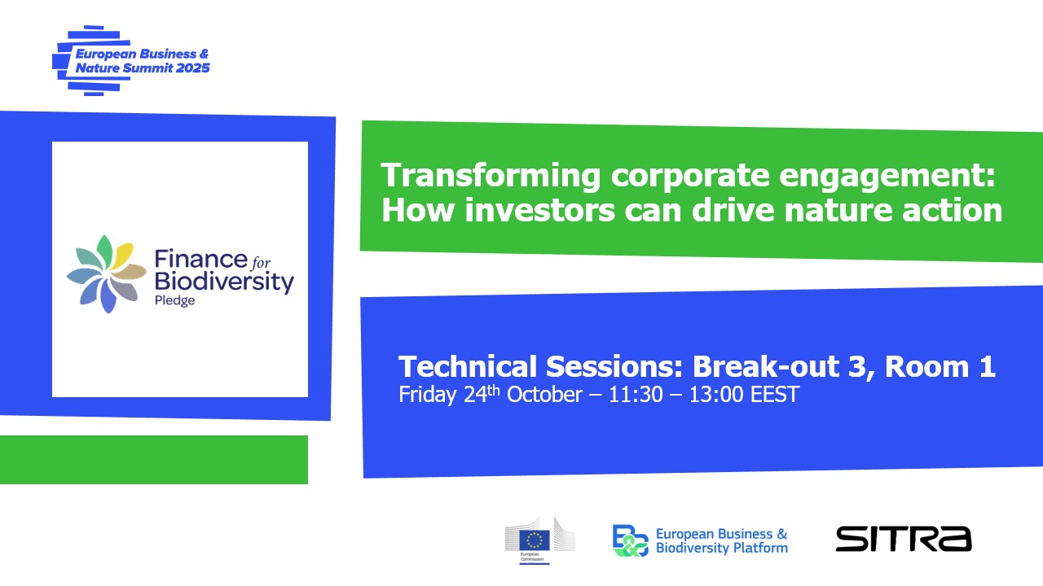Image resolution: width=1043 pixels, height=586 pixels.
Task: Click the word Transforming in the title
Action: tap(491, 177)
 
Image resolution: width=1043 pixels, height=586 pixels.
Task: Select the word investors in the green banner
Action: tap(539, 210)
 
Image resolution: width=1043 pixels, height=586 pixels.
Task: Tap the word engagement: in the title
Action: tap(887, 177)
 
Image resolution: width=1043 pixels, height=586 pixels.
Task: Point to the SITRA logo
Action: tap(904, 540)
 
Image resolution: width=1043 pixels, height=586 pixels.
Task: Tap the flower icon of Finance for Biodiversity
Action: tap(107, 274)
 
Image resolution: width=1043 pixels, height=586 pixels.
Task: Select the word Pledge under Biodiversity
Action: tap(174, 300)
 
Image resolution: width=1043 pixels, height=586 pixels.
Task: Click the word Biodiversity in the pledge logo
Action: tap(224, 282)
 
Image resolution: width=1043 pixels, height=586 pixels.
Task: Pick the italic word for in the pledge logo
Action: tap(261, 263)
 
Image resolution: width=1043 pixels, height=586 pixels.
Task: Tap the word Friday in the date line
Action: tap(428, 395)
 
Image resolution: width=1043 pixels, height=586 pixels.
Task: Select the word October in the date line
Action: tap(544, 395)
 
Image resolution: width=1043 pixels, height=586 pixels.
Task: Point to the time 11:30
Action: tap(636, 395)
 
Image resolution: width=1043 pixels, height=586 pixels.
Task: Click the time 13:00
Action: tap(716, 395)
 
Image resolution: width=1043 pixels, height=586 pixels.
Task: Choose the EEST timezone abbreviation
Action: tap(775, 395)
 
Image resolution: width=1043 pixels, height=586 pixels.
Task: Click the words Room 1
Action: tap(940, 366)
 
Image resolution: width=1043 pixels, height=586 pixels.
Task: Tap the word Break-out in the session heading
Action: tap(766, 366)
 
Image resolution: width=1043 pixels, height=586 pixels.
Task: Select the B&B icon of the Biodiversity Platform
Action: tap(630, 540)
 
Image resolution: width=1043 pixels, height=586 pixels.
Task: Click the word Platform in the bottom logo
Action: tap(761, 548)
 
